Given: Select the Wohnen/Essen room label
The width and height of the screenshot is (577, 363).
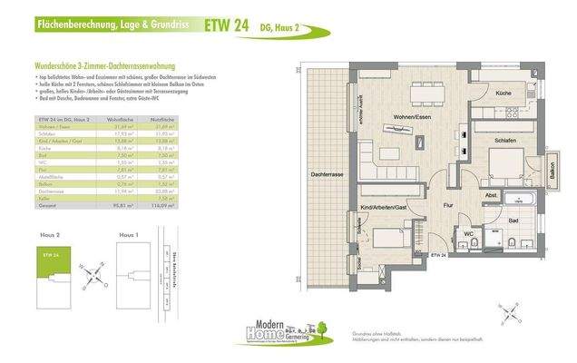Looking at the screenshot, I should point(411,117).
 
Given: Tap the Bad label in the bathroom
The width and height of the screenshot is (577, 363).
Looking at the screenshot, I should point(513,221).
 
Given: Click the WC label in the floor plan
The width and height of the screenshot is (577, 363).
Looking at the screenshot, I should point(468,233).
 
